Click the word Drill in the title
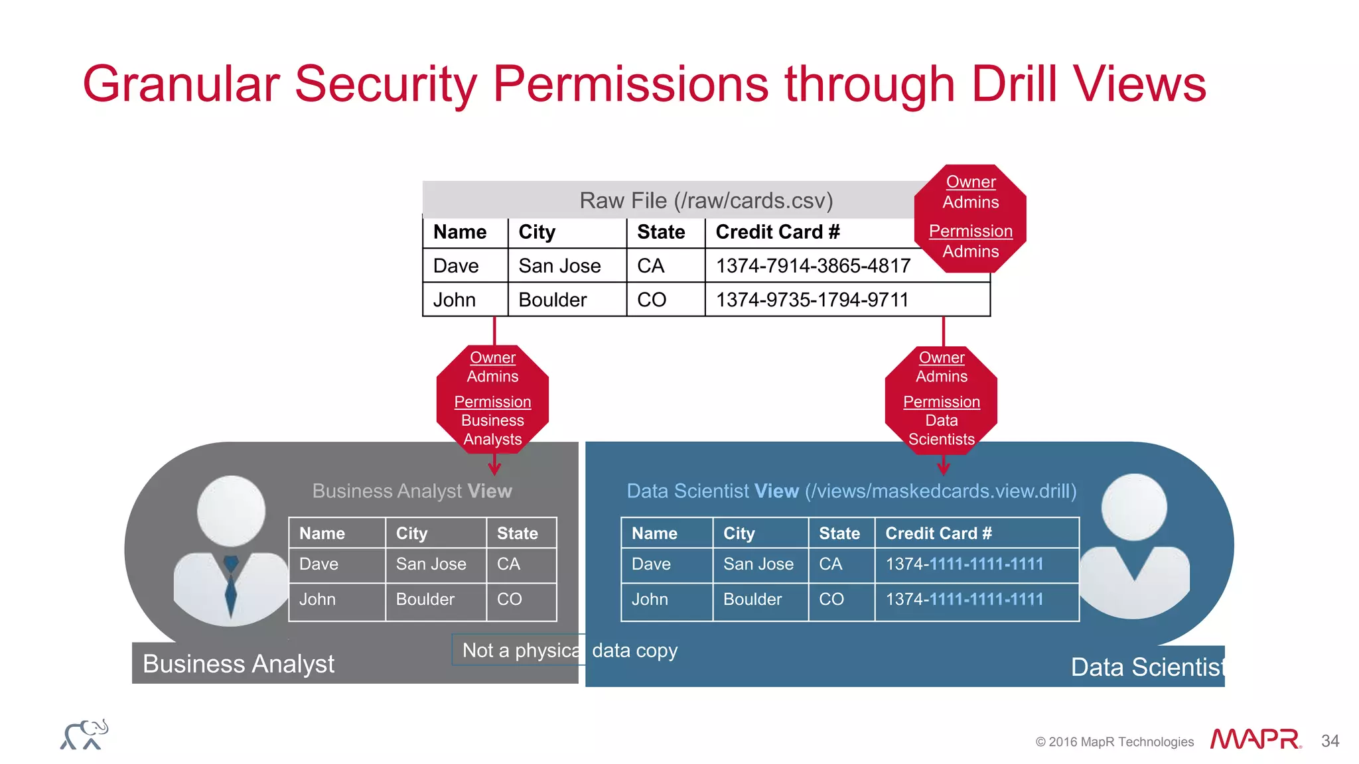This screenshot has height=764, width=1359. coord(1014,84)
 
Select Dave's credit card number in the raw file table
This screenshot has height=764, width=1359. coord(813,266)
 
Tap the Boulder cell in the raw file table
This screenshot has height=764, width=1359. coord(552,300)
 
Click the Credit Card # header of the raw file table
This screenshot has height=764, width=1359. coord(777,232)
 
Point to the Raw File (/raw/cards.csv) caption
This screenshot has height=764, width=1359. coord(705,200)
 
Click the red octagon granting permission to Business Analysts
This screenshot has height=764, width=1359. coord(492,399)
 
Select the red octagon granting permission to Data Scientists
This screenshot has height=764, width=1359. coord(941,399)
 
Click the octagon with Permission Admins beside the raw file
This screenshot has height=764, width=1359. coord(970,218)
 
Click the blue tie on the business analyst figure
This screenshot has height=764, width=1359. coord(231,584)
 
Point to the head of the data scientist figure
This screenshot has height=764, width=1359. coord(1134,507)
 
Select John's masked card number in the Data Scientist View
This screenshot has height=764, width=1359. coord(964,600)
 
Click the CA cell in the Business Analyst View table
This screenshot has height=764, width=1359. coord(508,564)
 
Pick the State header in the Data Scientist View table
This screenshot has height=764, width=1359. coord(839,533)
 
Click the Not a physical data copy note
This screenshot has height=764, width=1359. coord(569,651)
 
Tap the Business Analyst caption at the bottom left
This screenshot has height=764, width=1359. coord(238,664)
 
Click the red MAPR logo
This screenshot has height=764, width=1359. coord(1255,739)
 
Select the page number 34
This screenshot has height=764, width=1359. coord(1330,741)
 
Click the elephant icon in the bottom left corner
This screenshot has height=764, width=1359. coord(84,735)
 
